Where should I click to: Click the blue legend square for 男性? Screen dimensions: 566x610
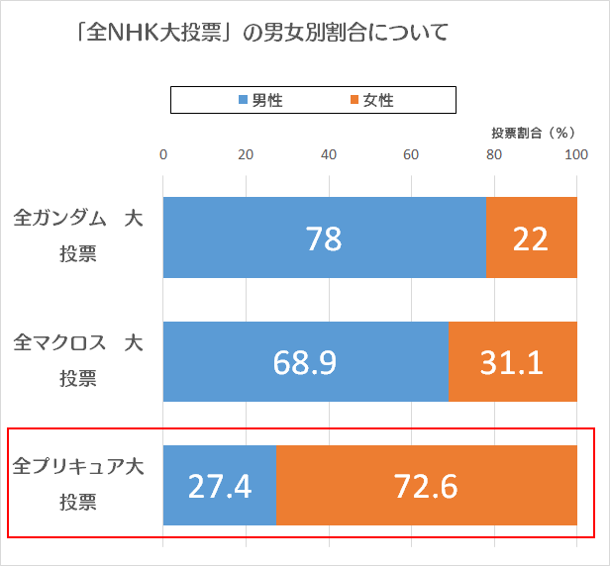243,100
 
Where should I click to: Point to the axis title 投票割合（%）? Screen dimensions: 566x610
533,132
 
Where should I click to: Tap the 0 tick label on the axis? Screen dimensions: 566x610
163,154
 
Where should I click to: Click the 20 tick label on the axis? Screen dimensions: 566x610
246,154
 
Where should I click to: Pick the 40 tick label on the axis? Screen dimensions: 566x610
329,154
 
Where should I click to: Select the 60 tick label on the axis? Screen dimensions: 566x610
411,154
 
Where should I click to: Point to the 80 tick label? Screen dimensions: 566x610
494,154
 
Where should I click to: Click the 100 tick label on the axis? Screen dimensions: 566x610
576,154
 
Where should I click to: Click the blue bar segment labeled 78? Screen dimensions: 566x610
325,237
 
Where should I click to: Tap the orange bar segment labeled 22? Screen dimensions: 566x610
531,237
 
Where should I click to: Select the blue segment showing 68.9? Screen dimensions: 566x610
305,361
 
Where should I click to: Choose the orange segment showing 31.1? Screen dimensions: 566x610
512,361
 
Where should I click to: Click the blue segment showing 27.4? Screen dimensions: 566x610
220,485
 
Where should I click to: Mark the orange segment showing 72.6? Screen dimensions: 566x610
426,485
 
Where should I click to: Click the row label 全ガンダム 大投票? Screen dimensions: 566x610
78,236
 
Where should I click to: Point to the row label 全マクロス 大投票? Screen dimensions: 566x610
78,360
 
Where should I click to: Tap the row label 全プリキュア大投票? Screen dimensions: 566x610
78,484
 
